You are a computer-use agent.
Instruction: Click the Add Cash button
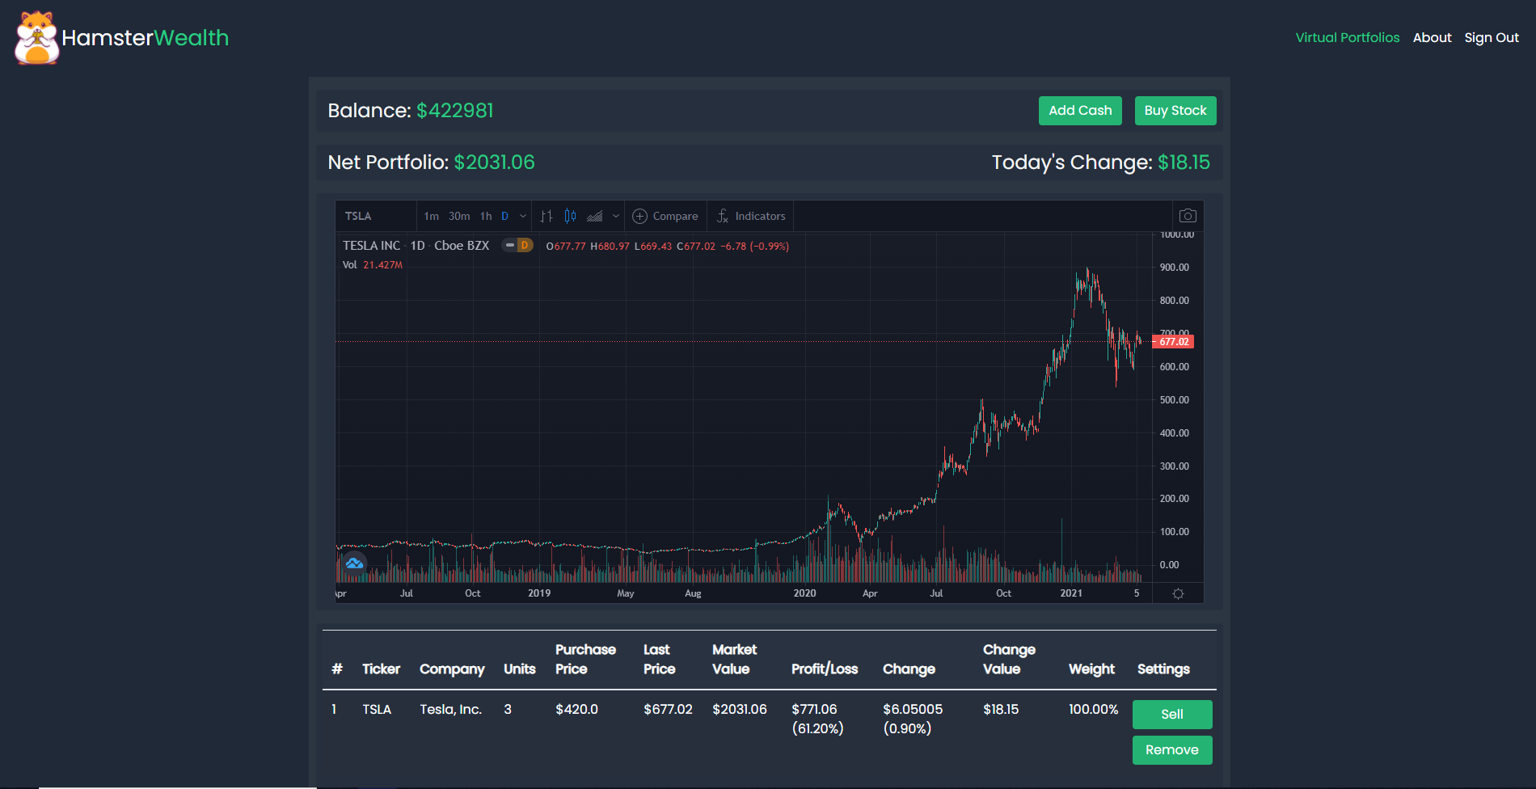coord(1080,111)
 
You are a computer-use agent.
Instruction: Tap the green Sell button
coord(1171,715)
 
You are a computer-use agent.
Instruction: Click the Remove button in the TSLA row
coord(1171,750)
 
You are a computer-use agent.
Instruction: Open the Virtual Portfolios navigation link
coord(1347,38)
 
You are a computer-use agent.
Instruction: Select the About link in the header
coord(1432,38)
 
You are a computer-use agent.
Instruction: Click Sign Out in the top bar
coord(1492,38)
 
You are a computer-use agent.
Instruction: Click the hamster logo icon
coord(37,38)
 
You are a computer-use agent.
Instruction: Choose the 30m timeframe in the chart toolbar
coord(459,217)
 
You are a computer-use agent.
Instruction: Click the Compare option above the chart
coord(665,217)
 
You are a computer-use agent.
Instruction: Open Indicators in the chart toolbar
coord(751,217)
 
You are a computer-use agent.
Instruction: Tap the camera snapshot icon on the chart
coord(1188,216)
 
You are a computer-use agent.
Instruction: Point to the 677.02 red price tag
coord(1174,342)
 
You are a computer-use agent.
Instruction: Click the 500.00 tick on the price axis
coord(1174,400)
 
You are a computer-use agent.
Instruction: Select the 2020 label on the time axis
coord(804,593)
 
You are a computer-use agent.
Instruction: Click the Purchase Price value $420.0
coord(576,710)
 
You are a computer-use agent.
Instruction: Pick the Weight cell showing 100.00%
coord(1093,710)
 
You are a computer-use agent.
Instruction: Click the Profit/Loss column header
coord(825,669)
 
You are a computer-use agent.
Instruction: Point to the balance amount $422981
coord(454,111)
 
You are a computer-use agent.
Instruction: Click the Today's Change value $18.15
coord(1184,162)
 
